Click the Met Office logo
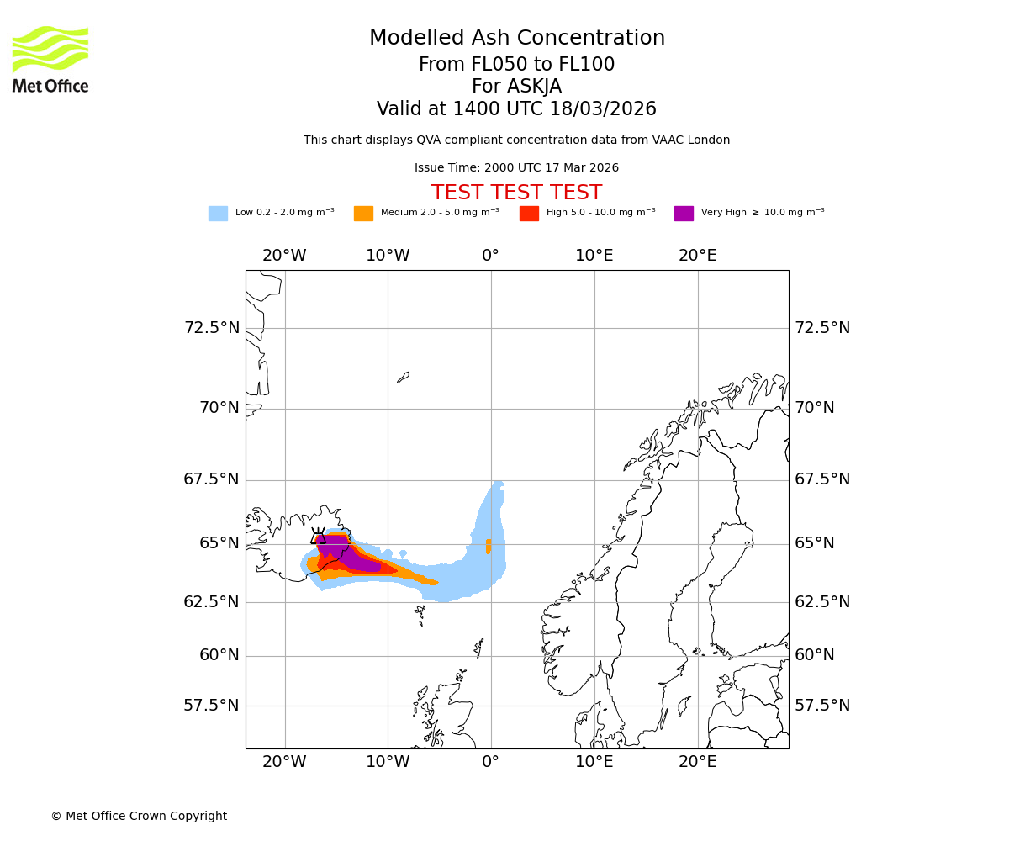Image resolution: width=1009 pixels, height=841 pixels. pos(50,59)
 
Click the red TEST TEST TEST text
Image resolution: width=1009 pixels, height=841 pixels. pos(516,193)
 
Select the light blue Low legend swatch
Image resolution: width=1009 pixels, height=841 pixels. pos(218,214)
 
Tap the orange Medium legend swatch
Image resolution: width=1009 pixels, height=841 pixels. pos(363,214)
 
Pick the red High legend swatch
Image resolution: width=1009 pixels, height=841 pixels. pos(529,214)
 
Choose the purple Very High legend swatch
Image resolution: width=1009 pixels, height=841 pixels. pos(684,214)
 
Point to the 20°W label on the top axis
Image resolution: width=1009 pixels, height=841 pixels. pos(284,256)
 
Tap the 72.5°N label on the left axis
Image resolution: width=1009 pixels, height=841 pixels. pos(212,328)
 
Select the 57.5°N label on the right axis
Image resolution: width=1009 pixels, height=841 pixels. pos(822,706)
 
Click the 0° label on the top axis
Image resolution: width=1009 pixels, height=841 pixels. pos(491,256)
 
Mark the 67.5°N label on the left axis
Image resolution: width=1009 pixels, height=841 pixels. pos(212,479)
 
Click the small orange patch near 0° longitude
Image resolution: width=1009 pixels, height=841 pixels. pos(489,547)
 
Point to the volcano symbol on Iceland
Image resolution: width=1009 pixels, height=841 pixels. pos(319,537)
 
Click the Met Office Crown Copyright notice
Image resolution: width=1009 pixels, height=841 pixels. pos(139,816)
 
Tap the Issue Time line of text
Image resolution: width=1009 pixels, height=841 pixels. pos(516,168)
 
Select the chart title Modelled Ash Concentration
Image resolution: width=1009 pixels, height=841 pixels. pos(516,39)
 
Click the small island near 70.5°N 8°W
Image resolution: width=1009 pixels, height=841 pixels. pos(404,378)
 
